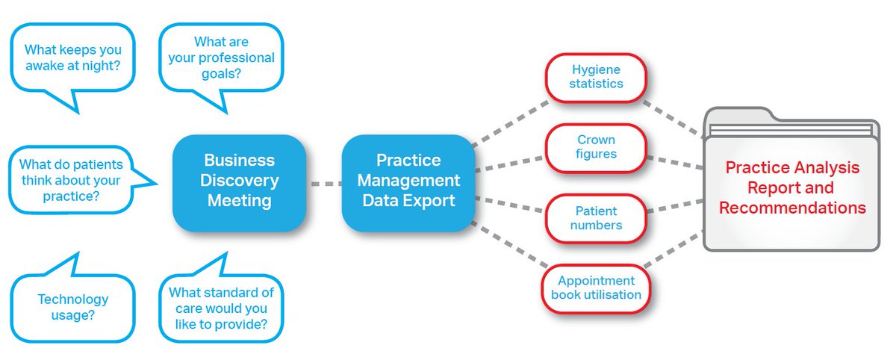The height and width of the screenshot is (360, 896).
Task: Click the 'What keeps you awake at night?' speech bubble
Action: [73, 58]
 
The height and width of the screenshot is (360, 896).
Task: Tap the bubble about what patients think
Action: [71, 180]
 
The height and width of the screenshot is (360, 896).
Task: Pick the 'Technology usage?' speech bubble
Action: [73, 307]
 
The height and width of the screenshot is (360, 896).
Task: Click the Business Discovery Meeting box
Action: [240, 181]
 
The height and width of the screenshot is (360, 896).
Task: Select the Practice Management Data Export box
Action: [408, 181]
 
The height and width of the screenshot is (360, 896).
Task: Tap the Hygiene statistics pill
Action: [596, 77]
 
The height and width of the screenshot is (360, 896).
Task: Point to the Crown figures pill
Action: [596, 147]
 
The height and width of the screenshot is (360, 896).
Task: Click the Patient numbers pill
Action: [596, 218]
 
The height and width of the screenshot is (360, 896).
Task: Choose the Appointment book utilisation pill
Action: [596, 288]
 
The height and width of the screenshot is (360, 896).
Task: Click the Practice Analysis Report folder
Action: [792, 188]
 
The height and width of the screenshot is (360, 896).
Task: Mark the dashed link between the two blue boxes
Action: [324, 181]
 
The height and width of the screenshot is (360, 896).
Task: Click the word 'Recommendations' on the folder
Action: [792, 208]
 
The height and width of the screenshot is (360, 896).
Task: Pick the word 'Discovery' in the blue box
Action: [240, 181]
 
